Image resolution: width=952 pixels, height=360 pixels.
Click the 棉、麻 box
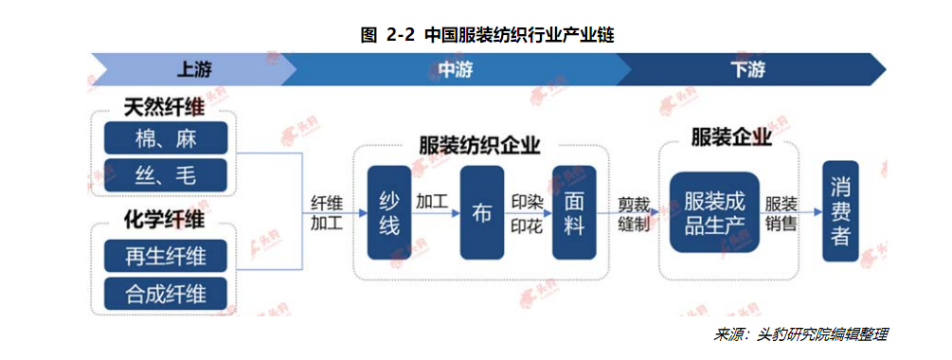pyautogui.click(x=166, y=138)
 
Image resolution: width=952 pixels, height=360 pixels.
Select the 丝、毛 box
pyautogui.click(x=166, y=175)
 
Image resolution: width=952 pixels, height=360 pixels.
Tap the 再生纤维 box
pyautogui.click(x=166, y=256)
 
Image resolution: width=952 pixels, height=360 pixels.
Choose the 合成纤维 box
pyautogui.click(x=166, y=292)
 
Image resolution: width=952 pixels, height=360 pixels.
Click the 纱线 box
pyautogui.click(x=389, y=213)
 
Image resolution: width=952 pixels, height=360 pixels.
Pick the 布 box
pyautogui.click(x=481, y=213)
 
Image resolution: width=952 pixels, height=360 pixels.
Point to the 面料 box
pyautogui.click(x=574, y=213)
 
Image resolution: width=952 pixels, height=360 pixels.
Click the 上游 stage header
pyautogui.click(x=195, y=69)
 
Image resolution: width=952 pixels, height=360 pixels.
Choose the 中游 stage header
pyautogui.click(x=455, y=69)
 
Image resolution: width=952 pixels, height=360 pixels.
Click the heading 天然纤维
pyautogui.click(x=165, y=107)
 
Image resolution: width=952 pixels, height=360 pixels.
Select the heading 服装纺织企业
pyautogui.click(x=479, y=145)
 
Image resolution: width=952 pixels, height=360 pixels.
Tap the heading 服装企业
pyautogui.click(x=730, y=137)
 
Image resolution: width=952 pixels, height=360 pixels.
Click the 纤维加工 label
pyautogui.click(x=327, y=213)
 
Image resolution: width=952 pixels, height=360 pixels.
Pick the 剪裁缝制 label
pyautogui.click(x=634, y=213)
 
